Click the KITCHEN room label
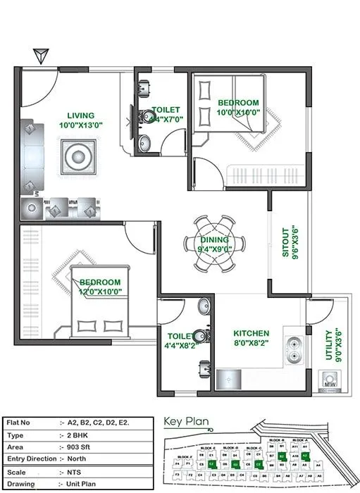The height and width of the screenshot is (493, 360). (252, 333)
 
